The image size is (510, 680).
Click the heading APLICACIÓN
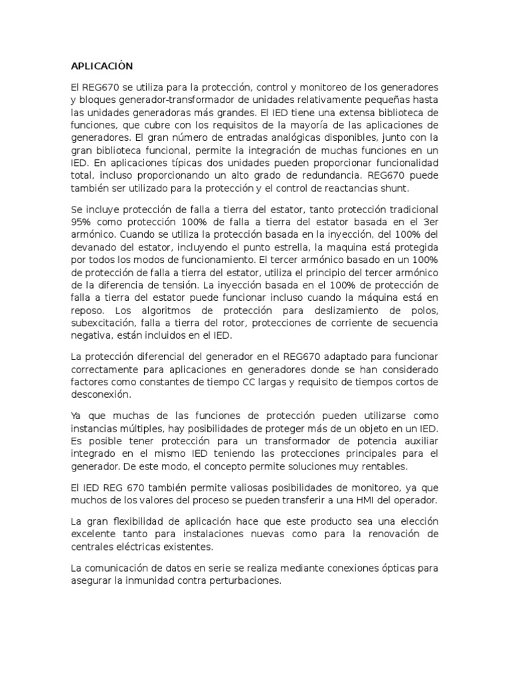(x=102, y=66)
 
